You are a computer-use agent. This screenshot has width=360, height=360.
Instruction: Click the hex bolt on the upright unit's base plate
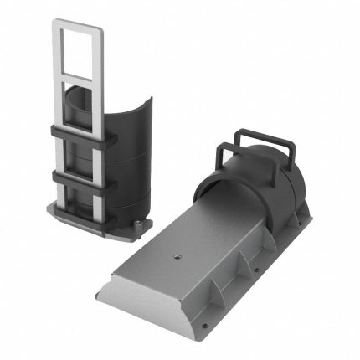(x=136, y=224)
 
